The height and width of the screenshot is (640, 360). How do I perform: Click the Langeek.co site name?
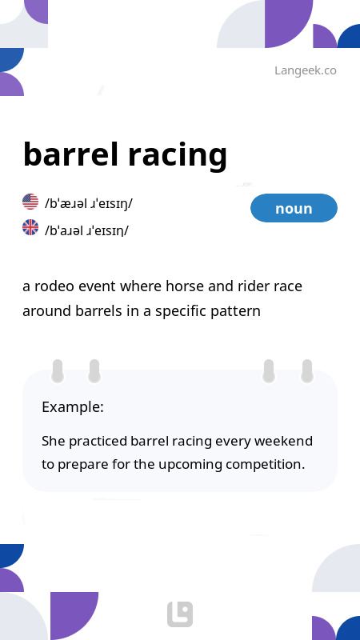[306, 70]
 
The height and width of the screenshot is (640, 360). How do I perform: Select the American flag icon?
[30, 202]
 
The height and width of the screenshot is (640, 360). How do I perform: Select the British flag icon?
[30, 227]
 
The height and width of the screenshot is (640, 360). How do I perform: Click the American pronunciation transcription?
[89, 203]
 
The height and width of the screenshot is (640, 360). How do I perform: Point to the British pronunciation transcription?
[86, 230]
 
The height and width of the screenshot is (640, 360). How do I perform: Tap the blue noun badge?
[294, 208]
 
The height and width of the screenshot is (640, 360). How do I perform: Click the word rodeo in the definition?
[54, 286]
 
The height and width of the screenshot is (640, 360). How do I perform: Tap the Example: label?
[73, 407]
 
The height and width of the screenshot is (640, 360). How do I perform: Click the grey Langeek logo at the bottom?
[180, 614]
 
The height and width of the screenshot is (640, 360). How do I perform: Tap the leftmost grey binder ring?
[58, 371]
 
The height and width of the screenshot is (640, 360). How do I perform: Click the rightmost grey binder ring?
[307, 371]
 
